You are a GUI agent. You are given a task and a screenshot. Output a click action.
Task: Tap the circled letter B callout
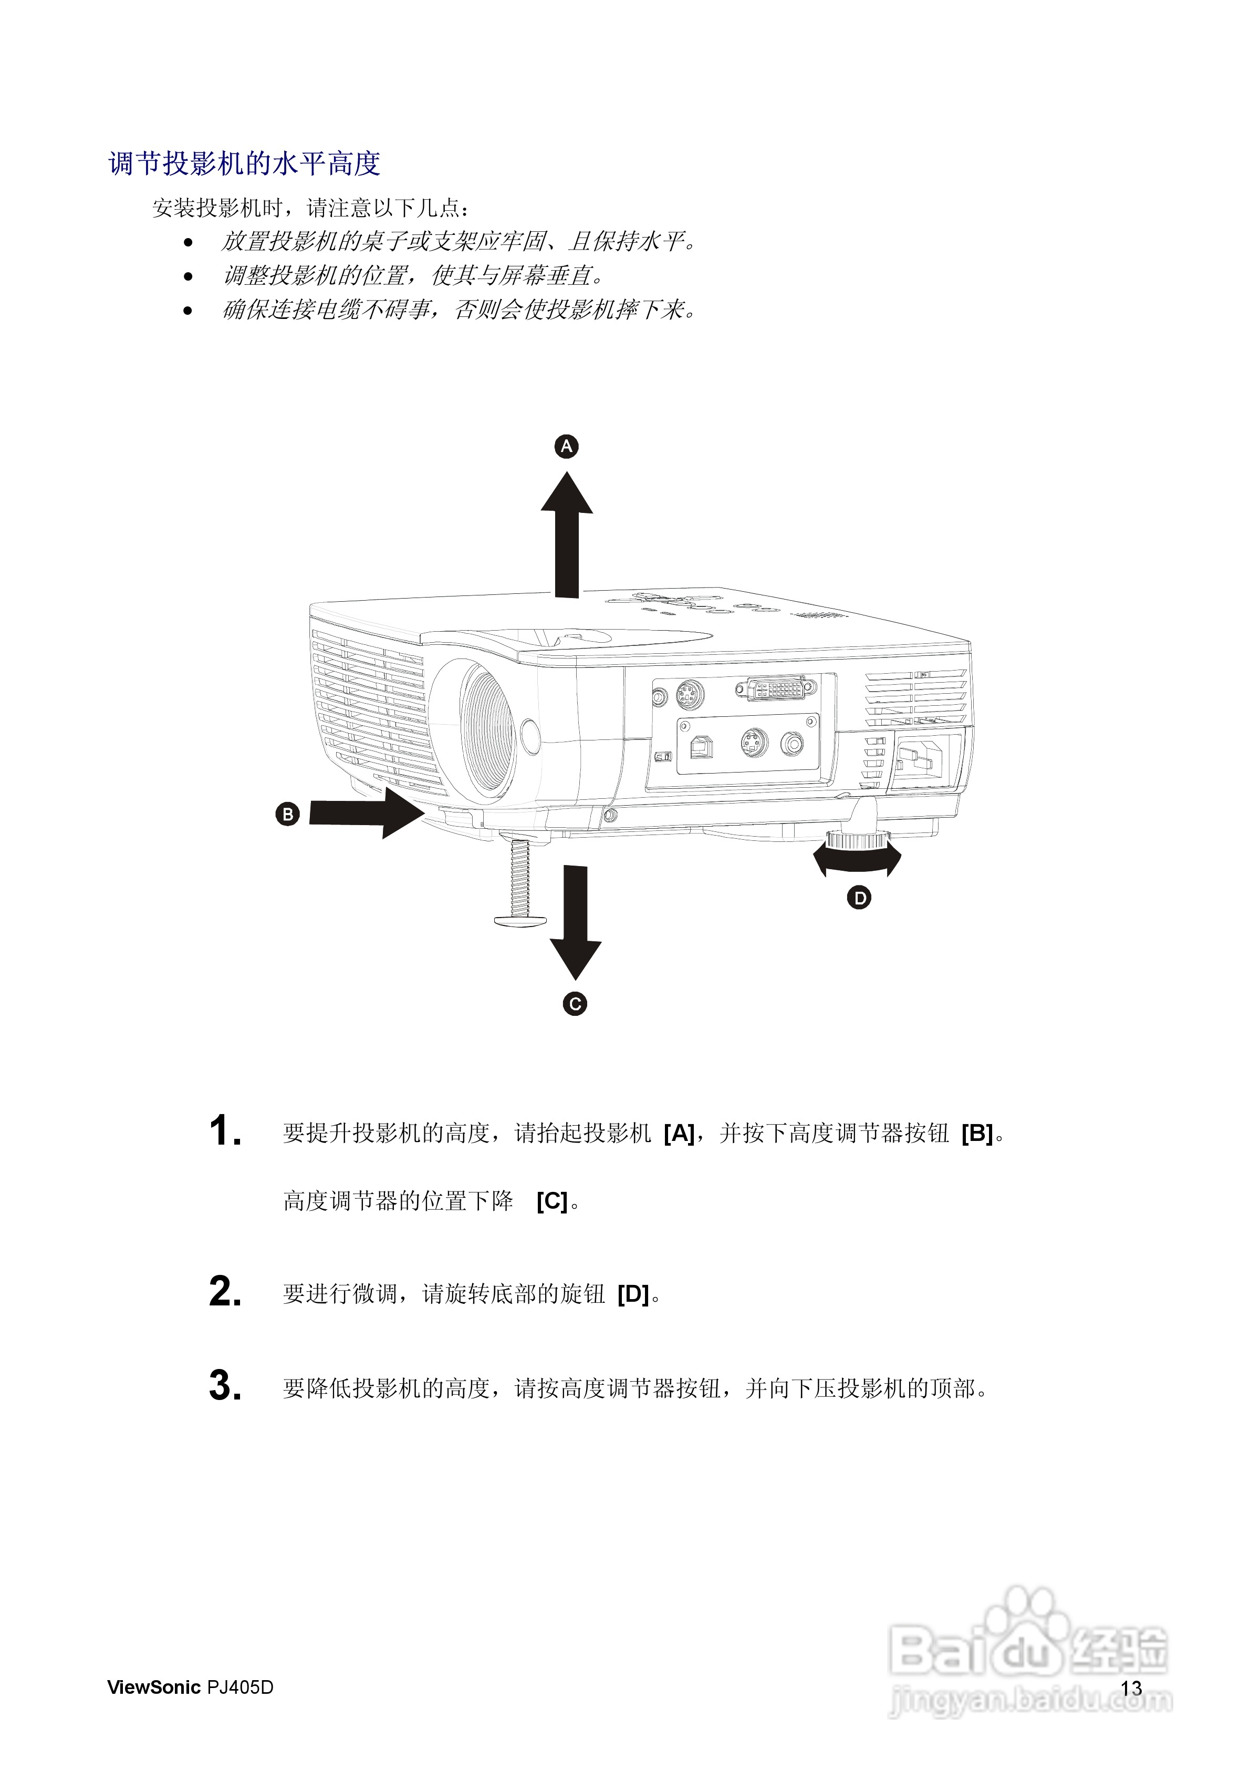click(287, 814)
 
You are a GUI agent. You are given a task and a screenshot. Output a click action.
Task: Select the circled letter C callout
click(575, 1004)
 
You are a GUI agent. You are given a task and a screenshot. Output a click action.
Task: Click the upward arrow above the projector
click(567, 535)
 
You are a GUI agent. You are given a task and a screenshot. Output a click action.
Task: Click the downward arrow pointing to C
click(575, 922)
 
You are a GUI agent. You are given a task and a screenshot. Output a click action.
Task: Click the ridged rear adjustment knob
click(858, 839)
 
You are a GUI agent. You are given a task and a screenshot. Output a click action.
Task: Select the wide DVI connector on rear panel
click(775, 687)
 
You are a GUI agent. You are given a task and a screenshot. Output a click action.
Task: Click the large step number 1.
click(224, 1131)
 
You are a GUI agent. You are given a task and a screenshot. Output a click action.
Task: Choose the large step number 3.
click(224, 1385)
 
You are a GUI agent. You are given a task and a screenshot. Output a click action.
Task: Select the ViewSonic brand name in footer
click(153, 1687)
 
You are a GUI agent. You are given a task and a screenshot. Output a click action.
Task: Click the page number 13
click(1131, 1689)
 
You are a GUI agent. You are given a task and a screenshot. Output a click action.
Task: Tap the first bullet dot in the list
click(188, 243)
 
